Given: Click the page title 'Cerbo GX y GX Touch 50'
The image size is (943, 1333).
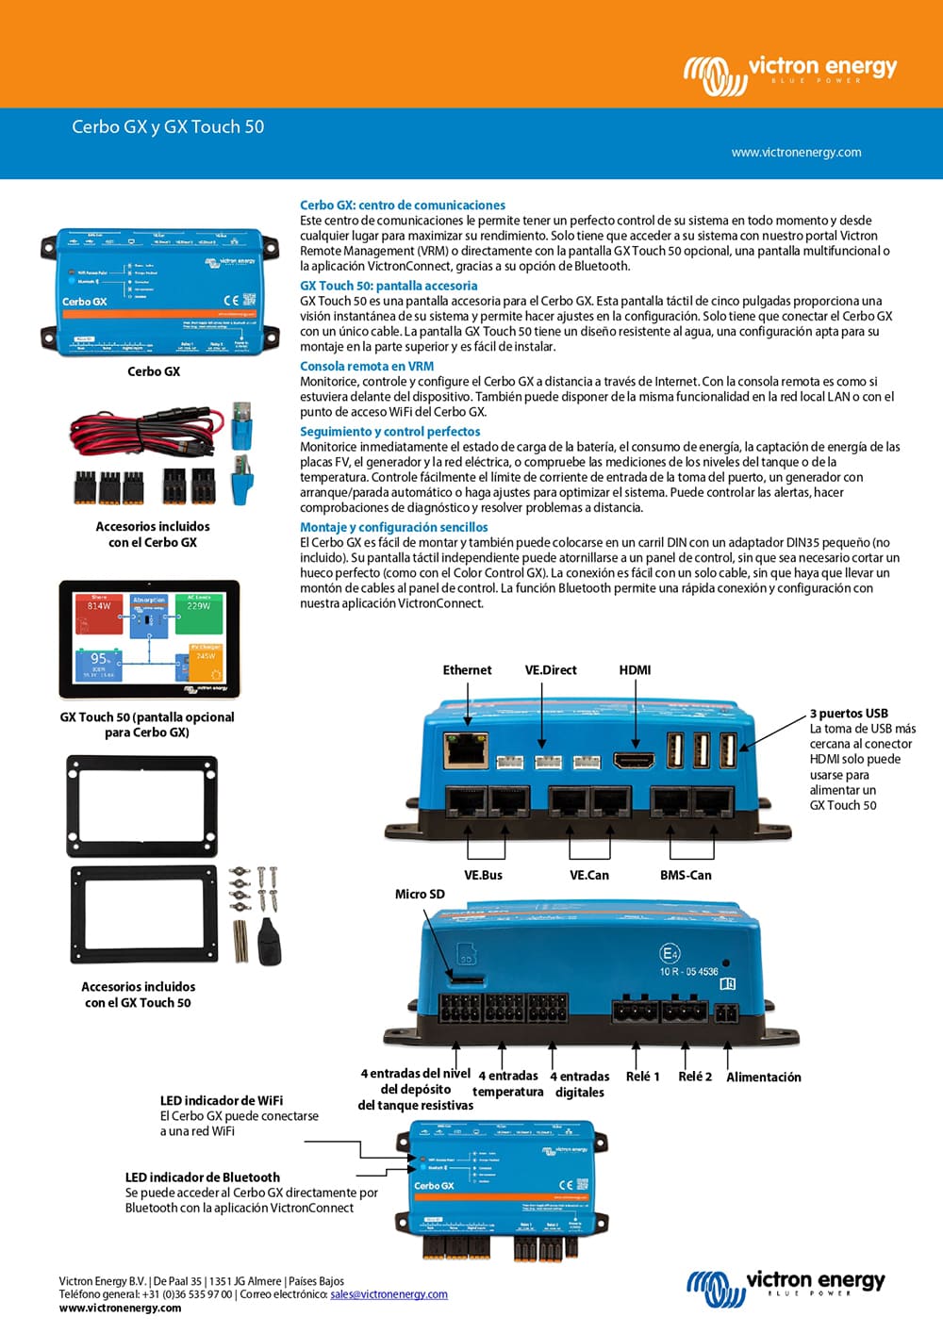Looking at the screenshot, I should point(168,126).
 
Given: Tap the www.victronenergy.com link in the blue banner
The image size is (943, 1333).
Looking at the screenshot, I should point(796,152).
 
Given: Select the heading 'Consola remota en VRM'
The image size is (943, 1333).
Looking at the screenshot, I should point(367,366).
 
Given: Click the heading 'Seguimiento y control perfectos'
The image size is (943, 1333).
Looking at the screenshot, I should point(389,431).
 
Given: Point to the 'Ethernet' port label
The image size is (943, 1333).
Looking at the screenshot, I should point(467,670).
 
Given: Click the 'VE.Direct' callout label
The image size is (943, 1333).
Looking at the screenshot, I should point(551,670).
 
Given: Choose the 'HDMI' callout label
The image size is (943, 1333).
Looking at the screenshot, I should point(635,670).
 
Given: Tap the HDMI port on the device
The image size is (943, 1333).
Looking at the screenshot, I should point(634,760).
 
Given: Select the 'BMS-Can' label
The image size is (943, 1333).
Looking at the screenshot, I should point(686,875).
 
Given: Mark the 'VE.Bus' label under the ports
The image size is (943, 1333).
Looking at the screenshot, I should point(483,875).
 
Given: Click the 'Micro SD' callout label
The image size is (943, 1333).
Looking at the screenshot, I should point(420,894).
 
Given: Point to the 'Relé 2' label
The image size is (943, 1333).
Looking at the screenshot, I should point(695,1077).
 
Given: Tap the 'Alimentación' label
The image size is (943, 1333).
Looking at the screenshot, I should point(764,1077).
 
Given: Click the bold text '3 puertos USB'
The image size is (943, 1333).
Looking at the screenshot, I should point(849,714).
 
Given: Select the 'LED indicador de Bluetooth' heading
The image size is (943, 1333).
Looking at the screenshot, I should point(203,1177).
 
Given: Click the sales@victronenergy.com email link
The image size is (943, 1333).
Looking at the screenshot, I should point(389,1294).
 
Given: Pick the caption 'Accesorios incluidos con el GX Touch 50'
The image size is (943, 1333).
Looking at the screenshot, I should point(139,995).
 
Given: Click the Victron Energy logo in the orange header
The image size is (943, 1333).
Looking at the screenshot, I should point(790,74).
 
